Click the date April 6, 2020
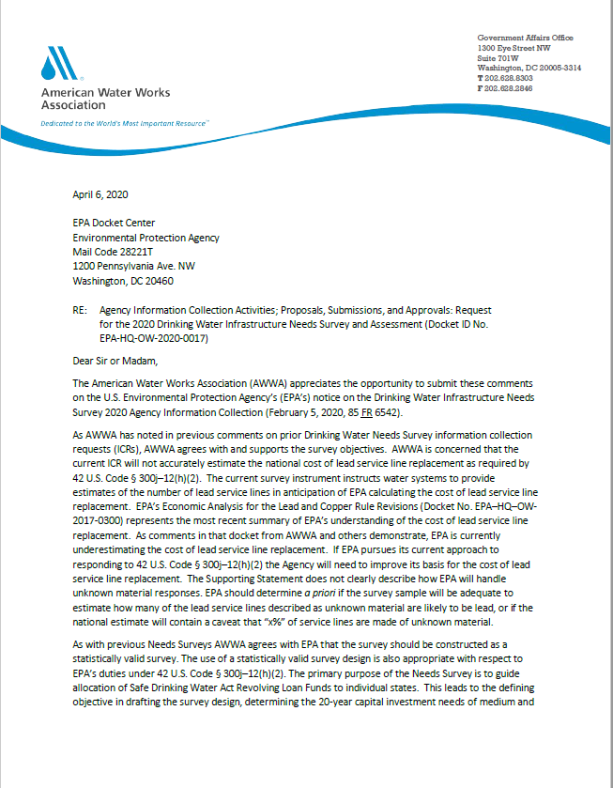pyautogui.click(x=100, y=195)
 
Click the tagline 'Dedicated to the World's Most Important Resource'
pyautogui.click(x=124, y=123)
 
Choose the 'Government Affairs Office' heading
pyautogui.click(x=525, y=38)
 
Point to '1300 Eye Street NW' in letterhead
pyautogui.click(x=513, y=47)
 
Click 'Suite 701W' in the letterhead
pyautogui.click(x=498, y=57)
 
